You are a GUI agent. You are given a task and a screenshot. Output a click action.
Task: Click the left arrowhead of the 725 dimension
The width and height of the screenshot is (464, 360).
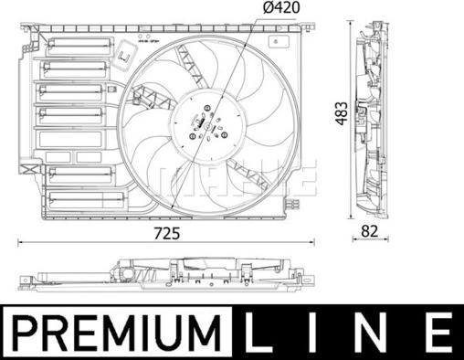tap(20, 242)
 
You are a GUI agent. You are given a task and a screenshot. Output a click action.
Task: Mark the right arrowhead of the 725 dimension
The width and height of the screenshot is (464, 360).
tap(316, 242)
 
